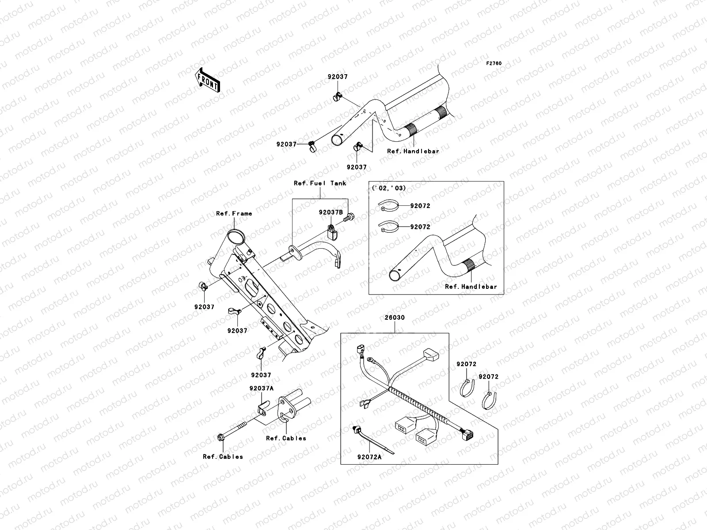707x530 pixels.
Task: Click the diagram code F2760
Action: coord(494,64)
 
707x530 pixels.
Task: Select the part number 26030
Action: coord(394,318)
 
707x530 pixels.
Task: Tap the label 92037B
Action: coord(331,212)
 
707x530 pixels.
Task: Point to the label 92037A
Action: coord(261,388)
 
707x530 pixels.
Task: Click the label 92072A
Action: coord(369,458)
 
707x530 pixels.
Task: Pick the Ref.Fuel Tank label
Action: coord(320,183)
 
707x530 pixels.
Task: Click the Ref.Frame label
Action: coord(234,213)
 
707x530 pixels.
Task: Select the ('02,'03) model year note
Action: coord(389,188)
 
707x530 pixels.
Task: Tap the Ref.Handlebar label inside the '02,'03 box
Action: coord(471,287)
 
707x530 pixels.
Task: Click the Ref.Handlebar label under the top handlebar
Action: coord(413,151)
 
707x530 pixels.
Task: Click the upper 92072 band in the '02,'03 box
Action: coord(389,205)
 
